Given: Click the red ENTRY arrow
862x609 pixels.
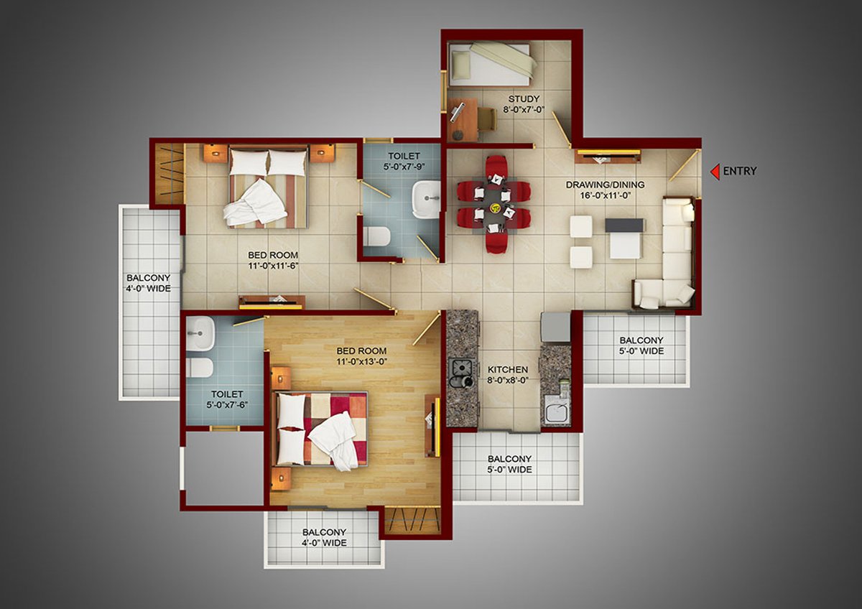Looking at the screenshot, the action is [715, 172].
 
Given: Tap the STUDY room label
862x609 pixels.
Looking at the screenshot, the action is [524, 99].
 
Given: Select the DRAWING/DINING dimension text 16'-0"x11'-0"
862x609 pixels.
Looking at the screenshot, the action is [605, 195].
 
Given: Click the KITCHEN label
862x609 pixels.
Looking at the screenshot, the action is [508, 370].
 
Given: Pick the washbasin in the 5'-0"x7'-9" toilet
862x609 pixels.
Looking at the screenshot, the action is [426, 199].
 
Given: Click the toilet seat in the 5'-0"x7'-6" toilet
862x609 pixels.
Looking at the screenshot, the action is [200, 368].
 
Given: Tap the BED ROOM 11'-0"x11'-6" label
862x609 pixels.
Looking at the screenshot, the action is [273, 261].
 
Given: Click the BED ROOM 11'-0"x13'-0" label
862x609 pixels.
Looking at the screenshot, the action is [361, 356].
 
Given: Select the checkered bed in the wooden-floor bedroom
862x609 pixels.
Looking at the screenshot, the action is [320, 429].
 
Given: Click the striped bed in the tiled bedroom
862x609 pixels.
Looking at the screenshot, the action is [269, 187].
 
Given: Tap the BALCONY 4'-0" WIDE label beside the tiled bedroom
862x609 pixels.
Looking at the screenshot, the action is [148, 283].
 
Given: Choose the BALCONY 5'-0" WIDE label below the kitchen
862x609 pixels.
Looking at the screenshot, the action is [509, 465].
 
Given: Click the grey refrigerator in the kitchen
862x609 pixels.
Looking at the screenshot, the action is [556, 327].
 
